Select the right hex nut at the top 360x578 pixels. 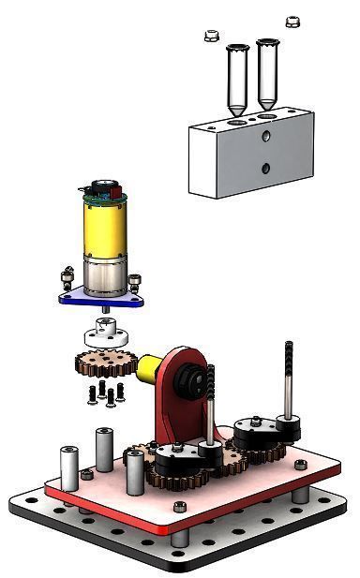pyautogui.click(x=292, y=21)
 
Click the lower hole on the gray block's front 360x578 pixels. pyautogui.click(x=266, y=170)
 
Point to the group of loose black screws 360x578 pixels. pyautogui.click(x=104, y=393)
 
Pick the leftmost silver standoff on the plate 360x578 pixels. pyautogui.click(x=69, y=467)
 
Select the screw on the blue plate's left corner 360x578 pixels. pyautogui.click(x=66, y=278)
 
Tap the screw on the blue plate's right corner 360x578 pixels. pyautogui.click(x=140, y=280)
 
